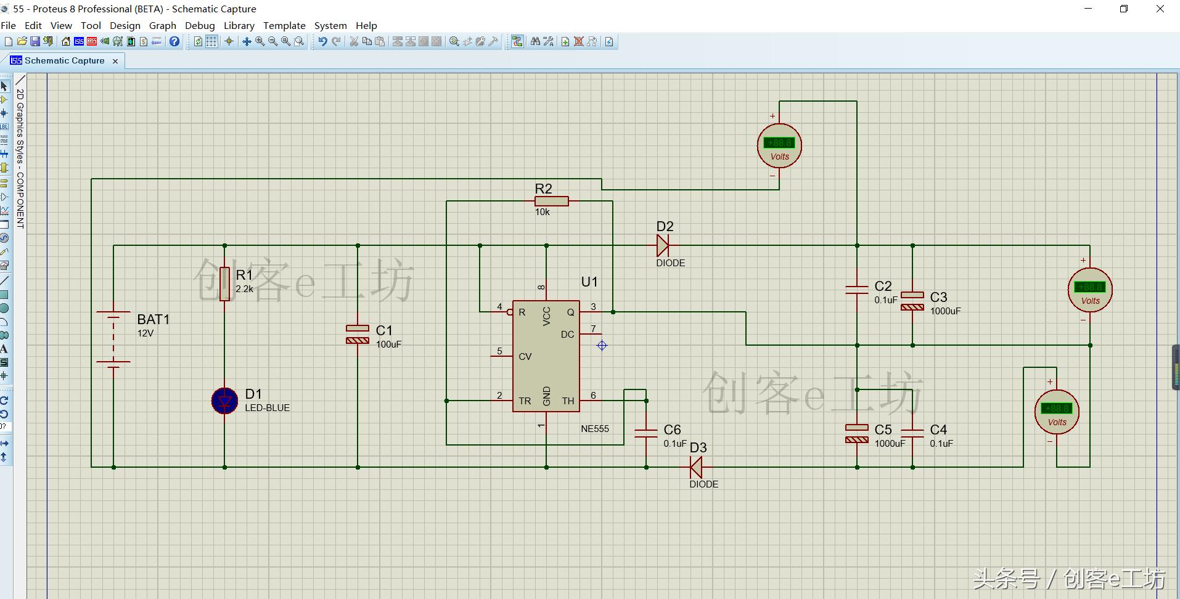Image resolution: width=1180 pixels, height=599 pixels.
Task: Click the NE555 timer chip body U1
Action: [x=546, y=356]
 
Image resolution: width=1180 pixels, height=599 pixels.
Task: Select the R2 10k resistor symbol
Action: [x=551, y=201]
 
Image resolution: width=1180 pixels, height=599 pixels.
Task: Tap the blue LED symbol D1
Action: [x=224, y=401]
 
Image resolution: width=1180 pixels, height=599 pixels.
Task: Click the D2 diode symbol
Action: [x=663, y=245]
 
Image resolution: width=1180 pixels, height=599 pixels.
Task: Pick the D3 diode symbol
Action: [x=696, y=468]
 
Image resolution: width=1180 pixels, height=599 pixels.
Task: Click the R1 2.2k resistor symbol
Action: [x=224, y=283]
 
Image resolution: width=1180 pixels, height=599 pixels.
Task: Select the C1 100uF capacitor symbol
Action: [x=358, y=334]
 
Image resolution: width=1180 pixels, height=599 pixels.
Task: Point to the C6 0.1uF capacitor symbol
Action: [x=646, y=433]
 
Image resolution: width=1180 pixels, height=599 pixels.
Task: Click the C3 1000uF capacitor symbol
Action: [x=912, y=301]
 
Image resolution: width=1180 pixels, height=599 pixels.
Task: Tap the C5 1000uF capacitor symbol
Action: [x=857, y=433]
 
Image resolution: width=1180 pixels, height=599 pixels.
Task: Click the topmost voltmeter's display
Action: [x=779, y=143]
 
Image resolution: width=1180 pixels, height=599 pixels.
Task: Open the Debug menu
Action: [x=200, y=26]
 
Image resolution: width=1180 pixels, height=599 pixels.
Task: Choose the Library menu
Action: [x=239, y=26]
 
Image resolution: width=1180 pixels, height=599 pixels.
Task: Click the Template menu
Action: [x=284, y=26]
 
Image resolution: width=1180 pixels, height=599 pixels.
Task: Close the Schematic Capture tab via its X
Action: [x=115, y=61]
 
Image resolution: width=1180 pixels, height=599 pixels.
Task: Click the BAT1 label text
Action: [x=153, y=319]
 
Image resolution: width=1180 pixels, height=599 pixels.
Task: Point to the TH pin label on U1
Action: [x=568, y=401]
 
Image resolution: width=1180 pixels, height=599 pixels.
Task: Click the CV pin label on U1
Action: [x=525, y=357]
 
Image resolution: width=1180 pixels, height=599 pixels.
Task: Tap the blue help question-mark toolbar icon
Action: [x=174, y=42]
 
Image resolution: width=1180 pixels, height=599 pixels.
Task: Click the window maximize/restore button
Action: [x=1124, y=9]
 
